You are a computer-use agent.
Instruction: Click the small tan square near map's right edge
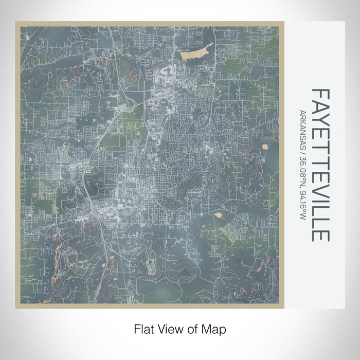coord(265,147)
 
